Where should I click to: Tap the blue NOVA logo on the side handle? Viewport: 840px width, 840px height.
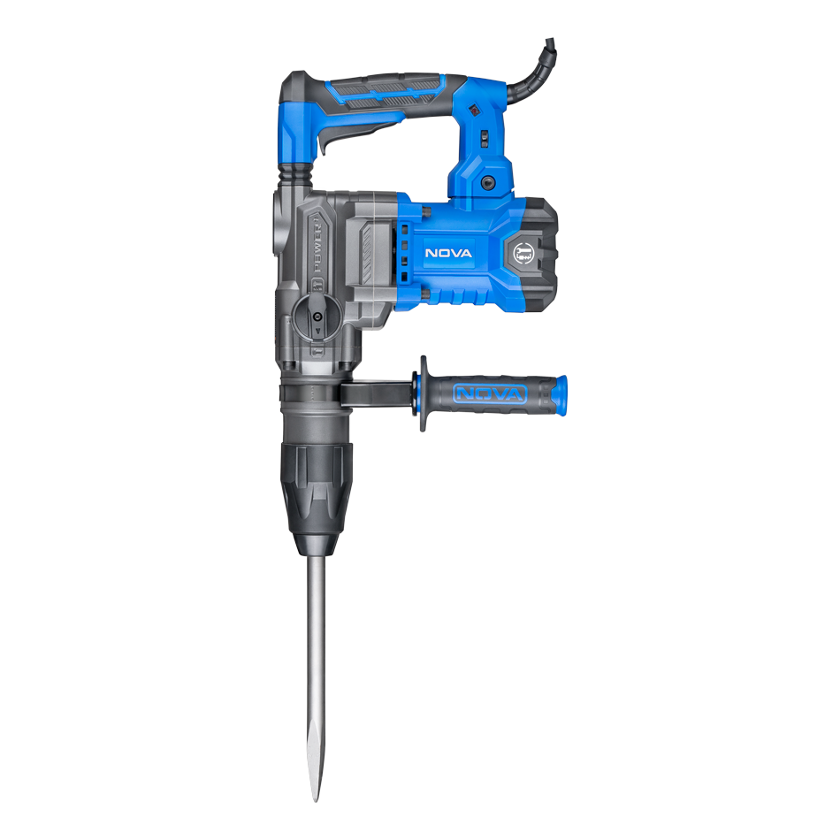pos(490,394)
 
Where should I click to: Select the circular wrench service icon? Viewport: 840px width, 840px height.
pos(523,254)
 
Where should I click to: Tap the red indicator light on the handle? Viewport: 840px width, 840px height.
pos(474,111)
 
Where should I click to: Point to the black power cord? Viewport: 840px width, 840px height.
pos(531,75)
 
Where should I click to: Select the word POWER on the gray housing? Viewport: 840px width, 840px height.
pos(317,244)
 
